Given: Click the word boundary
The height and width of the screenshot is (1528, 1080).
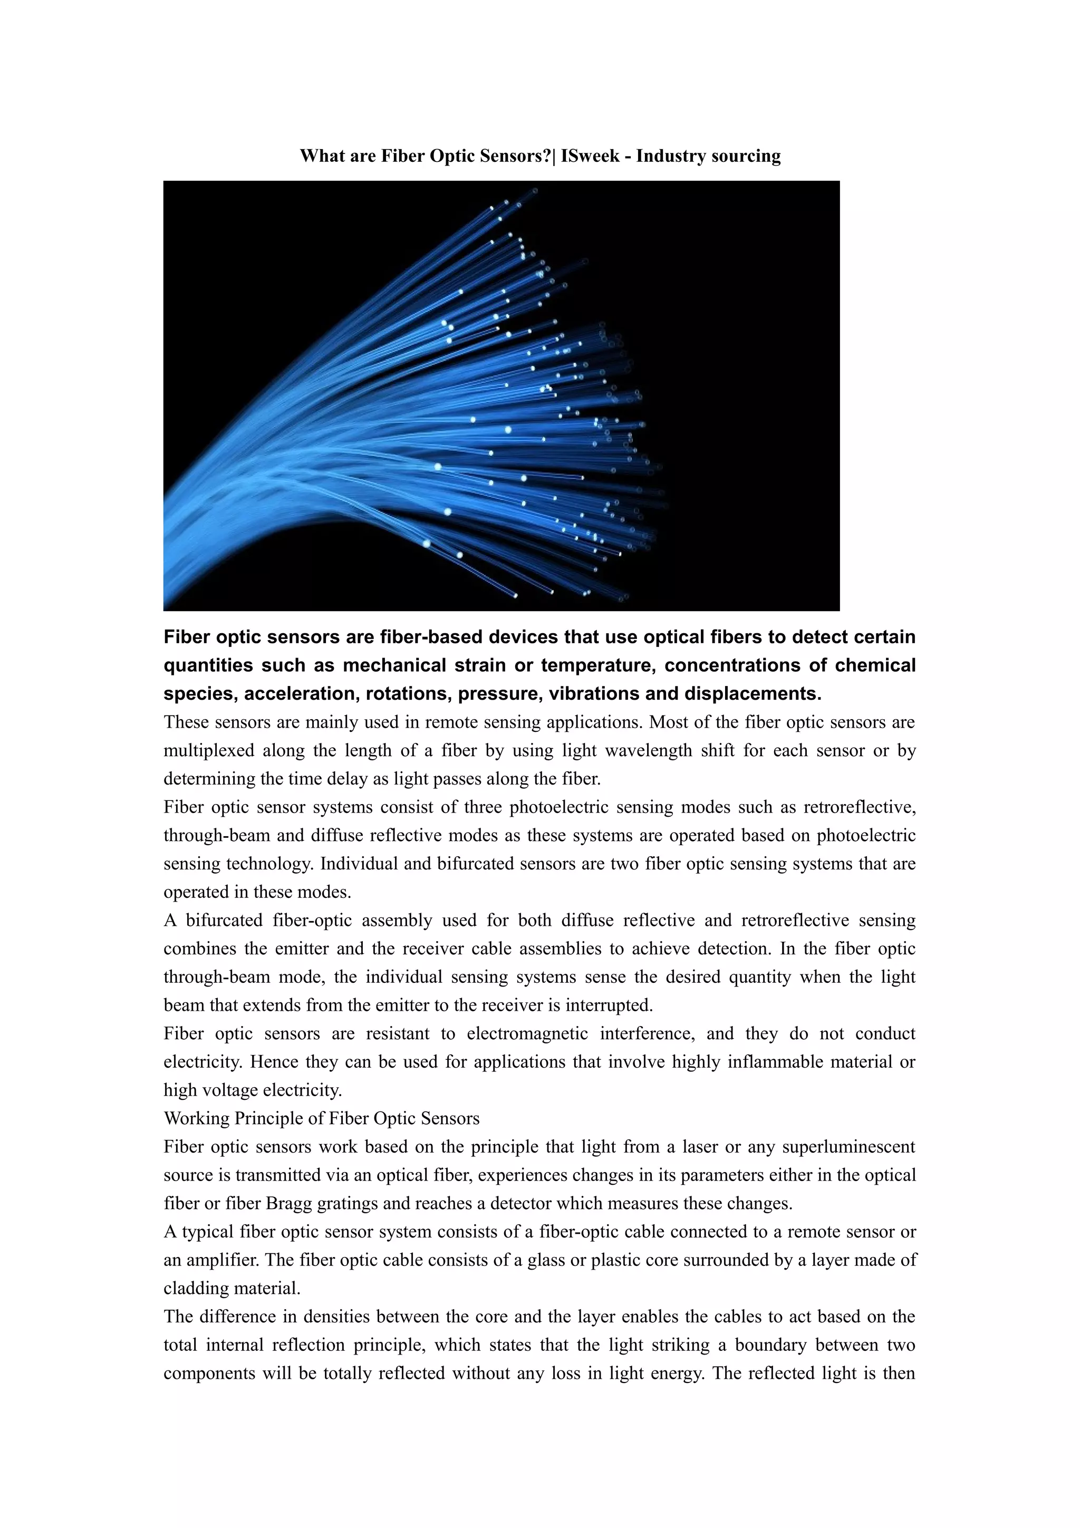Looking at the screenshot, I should (x=769, y=1345).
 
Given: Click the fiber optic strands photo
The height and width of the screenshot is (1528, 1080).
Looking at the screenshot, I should (x=501, y=395).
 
